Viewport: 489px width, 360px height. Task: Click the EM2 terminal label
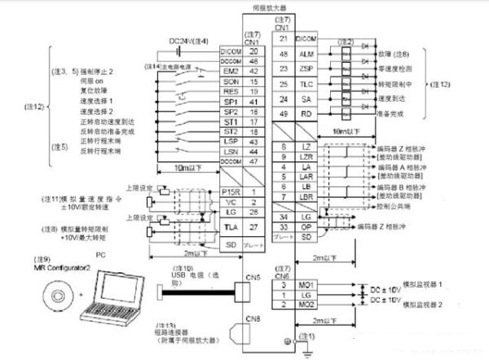point(229,72)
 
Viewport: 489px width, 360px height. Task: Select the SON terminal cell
point(229,82)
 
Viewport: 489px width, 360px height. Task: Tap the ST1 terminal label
point(229,121)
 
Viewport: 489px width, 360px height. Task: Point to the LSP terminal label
point(229,141)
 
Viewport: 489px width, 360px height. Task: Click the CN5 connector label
point(253,275)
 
